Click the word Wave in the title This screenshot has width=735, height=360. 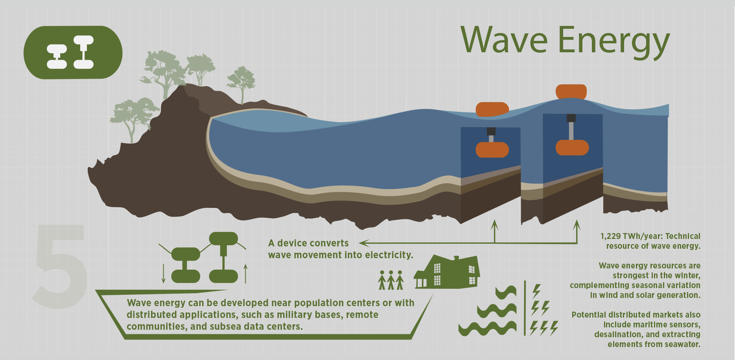(x=504, y=40)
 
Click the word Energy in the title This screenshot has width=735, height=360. (x=614, y=42)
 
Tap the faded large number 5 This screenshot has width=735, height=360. (x=60, y=266)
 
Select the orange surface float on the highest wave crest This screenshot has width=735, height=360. (x=571, y=92)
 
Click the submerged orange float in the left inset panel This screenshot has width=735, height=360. (x=492, y=150)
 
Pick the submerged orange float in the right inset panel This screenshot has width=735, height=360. (x=572, y=147)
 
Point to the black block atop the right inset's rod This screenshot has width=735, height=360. (x=571, y=118)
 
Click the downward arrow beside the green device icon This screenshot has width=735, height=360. (x=164, y=274)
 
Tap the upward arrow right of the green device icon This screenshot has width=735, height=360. (x=246, y=274)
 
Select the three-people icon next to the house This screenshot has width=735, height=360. (x=391, y=280)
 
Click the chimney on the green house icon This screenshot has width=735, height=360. (x=456, y=258)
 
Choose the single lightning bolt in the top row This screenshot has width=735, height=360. (x=536, y=291)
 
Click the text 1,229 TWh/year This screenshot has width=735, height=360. (x=630, y=236)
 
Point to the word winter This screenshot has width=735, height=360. (x=688, y=276)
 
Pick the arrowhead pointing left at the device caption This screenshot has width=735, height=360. (x=364, y=243)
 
